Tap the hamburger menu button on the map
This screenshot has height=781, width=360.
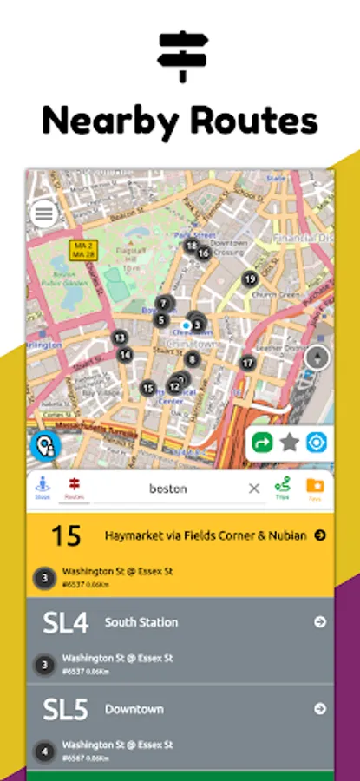point(43,213)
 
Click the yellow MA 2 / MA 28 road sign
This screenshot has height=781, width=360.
point(83,249)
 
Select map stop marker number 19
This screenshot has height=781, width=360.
point(250,279)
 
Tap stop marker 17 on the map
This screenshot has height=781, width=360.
point(248,363)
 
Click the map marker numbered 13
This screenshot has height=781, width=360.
point(120,338)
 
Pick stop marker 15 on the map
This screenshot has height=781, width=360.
point(148,388)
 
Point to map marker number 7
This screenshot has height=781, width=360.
point(163,303)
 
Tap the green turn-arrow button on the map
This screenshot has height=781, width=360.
point(262,443)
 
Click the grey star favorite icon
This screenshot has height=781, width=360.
point(290,443)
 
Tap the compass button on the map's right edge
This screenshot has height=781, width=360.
point(318,357)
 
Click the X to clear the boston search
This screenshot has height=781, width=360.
point(254,489)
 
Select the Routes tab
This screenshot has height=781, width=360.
point(75,488)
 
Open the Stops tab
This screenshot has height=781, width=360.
point(43,488)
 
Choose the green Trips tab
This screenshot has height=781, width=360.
point(282,488)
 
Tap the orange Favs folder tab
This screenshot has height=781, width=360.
point(314,488)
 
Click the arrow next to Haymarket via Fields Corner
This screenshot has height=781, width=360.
point(320,535)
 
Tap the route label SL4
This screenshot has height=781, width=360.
point(65,622)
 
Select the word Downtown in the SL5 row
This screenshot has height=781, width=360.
point(134,709)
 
